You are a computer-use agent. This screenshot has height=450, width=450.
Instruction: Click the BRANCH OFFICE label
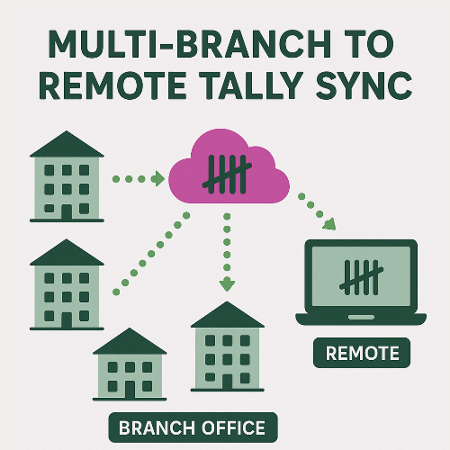click(193, 426)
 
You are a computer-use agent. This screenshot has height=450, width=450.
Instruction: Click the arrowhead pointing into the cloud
click(157, 179)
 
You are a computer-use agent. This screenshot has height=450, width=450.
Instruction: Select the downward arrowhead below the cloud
click(227, 284)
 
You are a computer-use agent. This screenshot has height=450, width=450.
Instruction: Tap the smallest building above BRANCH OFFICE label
click(130, 369)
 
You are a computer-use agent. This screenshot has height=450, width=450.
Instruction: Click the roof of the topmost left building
click(66, 144)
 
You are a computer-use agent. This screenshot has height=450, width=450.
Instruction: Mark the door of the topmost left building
click(66, 211)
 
